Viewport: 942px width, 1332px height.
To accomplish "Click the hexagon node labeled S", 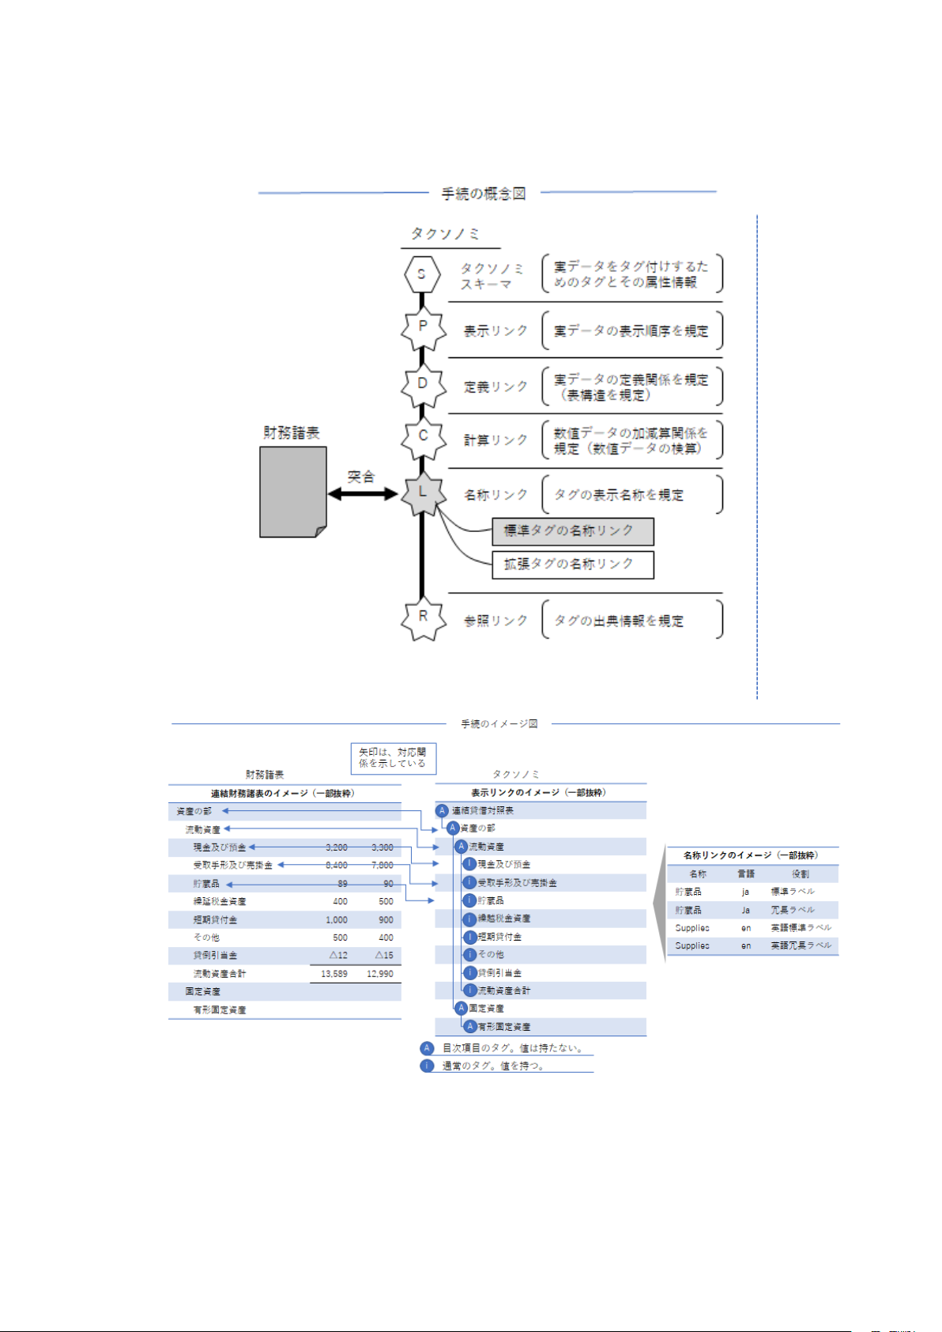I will tap(421, 274).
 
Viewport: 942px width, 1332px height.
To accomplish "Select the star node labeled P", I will tap(423, 328).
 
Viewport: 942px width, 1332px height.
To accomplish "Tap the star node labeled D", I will tap(423, 384).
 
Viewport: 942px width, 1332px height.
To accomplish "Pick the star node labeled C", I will tap(423, 437).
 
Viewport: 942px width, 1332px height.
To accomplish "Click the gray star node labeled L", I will tap(422, 493).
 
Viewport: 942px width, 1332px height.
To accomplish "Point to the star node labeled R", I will tap(423, 617).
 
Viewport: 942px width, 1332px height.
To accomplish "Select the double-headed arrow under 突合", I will tap(363, 494).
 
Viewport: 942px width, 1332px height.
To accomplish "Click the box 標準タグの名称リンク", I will tap(572, 531).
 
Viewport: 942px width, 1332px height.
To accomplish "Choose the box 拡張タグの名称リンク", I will tap(572, 564).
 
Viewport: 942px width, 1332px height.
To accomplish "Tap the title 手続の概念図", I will tap(484, 194).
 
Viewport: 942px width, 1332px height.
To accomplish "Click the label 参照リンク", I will tap(495, 621).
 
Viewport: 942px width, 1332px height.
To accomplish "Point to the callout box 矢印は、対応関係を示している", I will tap(393, 758).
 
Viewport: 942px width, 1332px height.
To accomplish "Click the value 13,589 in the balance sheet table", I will tap(334, 974).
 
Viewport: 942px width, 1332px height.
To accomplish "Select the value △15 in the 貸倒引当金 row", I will tap(383, 956).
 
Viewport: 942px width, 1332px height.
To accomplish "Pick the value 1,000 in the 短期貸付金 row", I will tap(337, 920).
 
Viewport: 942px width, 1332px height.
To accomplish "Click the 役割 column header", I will tap(801, 874).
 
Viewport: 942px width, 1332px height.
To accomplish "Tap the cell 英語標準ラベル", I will tap(801, 928).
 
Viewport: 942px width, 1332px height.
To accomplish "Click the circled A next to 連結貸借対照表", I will tap(443, 811).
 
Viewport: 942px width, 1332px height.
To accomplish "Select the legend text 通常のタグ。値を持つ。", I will tap(493, 1066).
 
